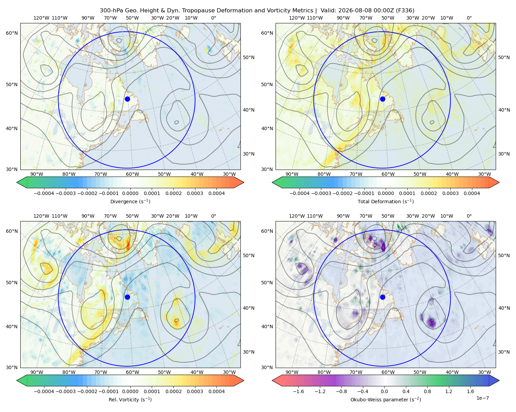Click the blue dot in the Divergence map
pyautogui.click(x=127, y=99)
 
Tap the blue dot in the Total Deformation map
pyautogui.click(x=383, y=99)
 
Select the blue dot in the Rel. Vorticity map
pyautogui.click(x=127, y=297)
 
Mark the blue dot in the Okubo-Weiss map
pyautogui.click(x=383, y=297)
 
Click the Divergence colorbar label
pyautogui.click(x=130, y=201)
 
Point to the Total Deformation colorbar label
pyautogui.click(x=386, y=201)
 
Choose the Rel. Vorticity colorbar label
pyautogui.click(x=130, y=399)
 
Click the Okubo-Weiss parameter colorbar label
pyautogui.click(x=386, y=399)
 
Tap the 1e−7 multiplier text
pyautogui.click(x=482, y=398)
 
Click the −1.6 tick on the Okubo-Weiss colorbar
pyautogui.click(x=298, y=391)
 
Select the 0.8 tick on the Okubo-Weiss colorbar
pyautogui.click(x=427, y=391)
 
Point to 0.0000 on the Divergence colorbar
pyautogui.click(x=130, y=193)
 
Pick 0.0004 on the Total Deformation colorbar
pyautogui.click(x=472, y=193)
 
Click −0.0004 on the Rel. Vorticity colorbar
pyautogui.click(x=44, y=391)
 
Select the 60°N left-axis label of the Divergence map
pyautogui.click(x=12, y=33)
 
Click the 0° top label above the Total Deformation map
pyautogui.click(x=469, y=18)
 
